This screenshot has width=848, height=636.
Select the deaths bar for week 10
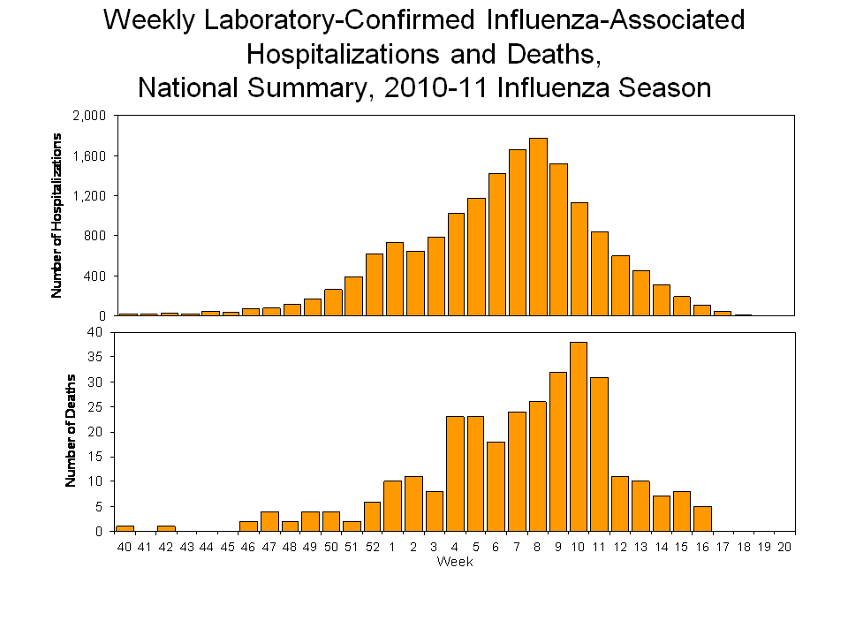pyautogui.click(x=579, y=436)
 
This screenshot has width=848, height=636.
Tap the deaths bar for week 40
pyautogui.click(x=125, y=528)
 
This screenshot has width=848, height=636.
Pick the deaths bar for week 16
pyautogui.click(x=702, y=519)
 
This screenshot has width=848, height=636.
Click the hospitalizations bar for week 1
pyautogui.click(x=394, y=278)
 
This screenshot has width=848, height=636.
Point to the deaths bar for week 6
pyautogui.click(x=496, y=486)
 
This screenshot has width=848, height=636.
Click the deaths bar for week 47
pyautogui.click(x=270, y=521)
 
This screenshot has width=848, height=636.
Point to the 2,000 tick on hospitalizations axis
pyautogui.click(x=88, y=116)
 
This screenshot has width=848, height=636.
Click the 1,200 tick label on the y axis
pyautogui.click(x=88, y=196)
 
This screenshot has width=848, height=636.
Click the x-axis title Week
pyautogui.click(x=455, y=563)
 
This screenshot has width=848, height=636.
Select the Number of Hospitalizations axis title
pyautogui.click(x=57, y=215)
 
